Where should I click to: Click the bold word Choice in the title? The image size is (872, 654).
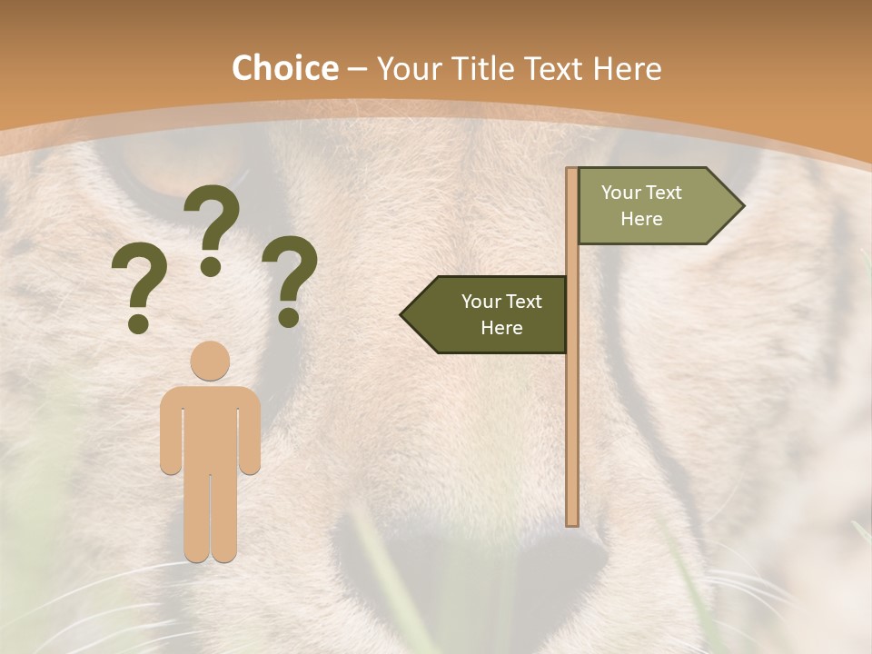[284, 68]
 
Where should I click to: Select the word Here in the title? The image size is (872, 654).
[627, 68]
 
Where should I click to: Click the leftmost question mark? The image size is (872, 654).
[138, 286]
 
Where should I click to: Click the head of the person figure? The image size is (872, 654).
[210, 360]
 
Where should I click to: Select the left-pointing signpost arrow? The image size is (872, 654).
[490, 315]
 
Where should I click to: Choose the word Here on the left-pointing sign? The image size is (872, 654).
[501, 328]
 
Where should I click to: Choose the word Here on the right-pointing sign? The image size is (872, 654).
[641, 219]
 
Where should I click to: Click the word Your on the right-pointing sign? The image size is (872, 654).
[621, 193]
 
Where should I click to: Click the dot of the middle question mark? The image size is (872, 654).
[211, 266]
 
